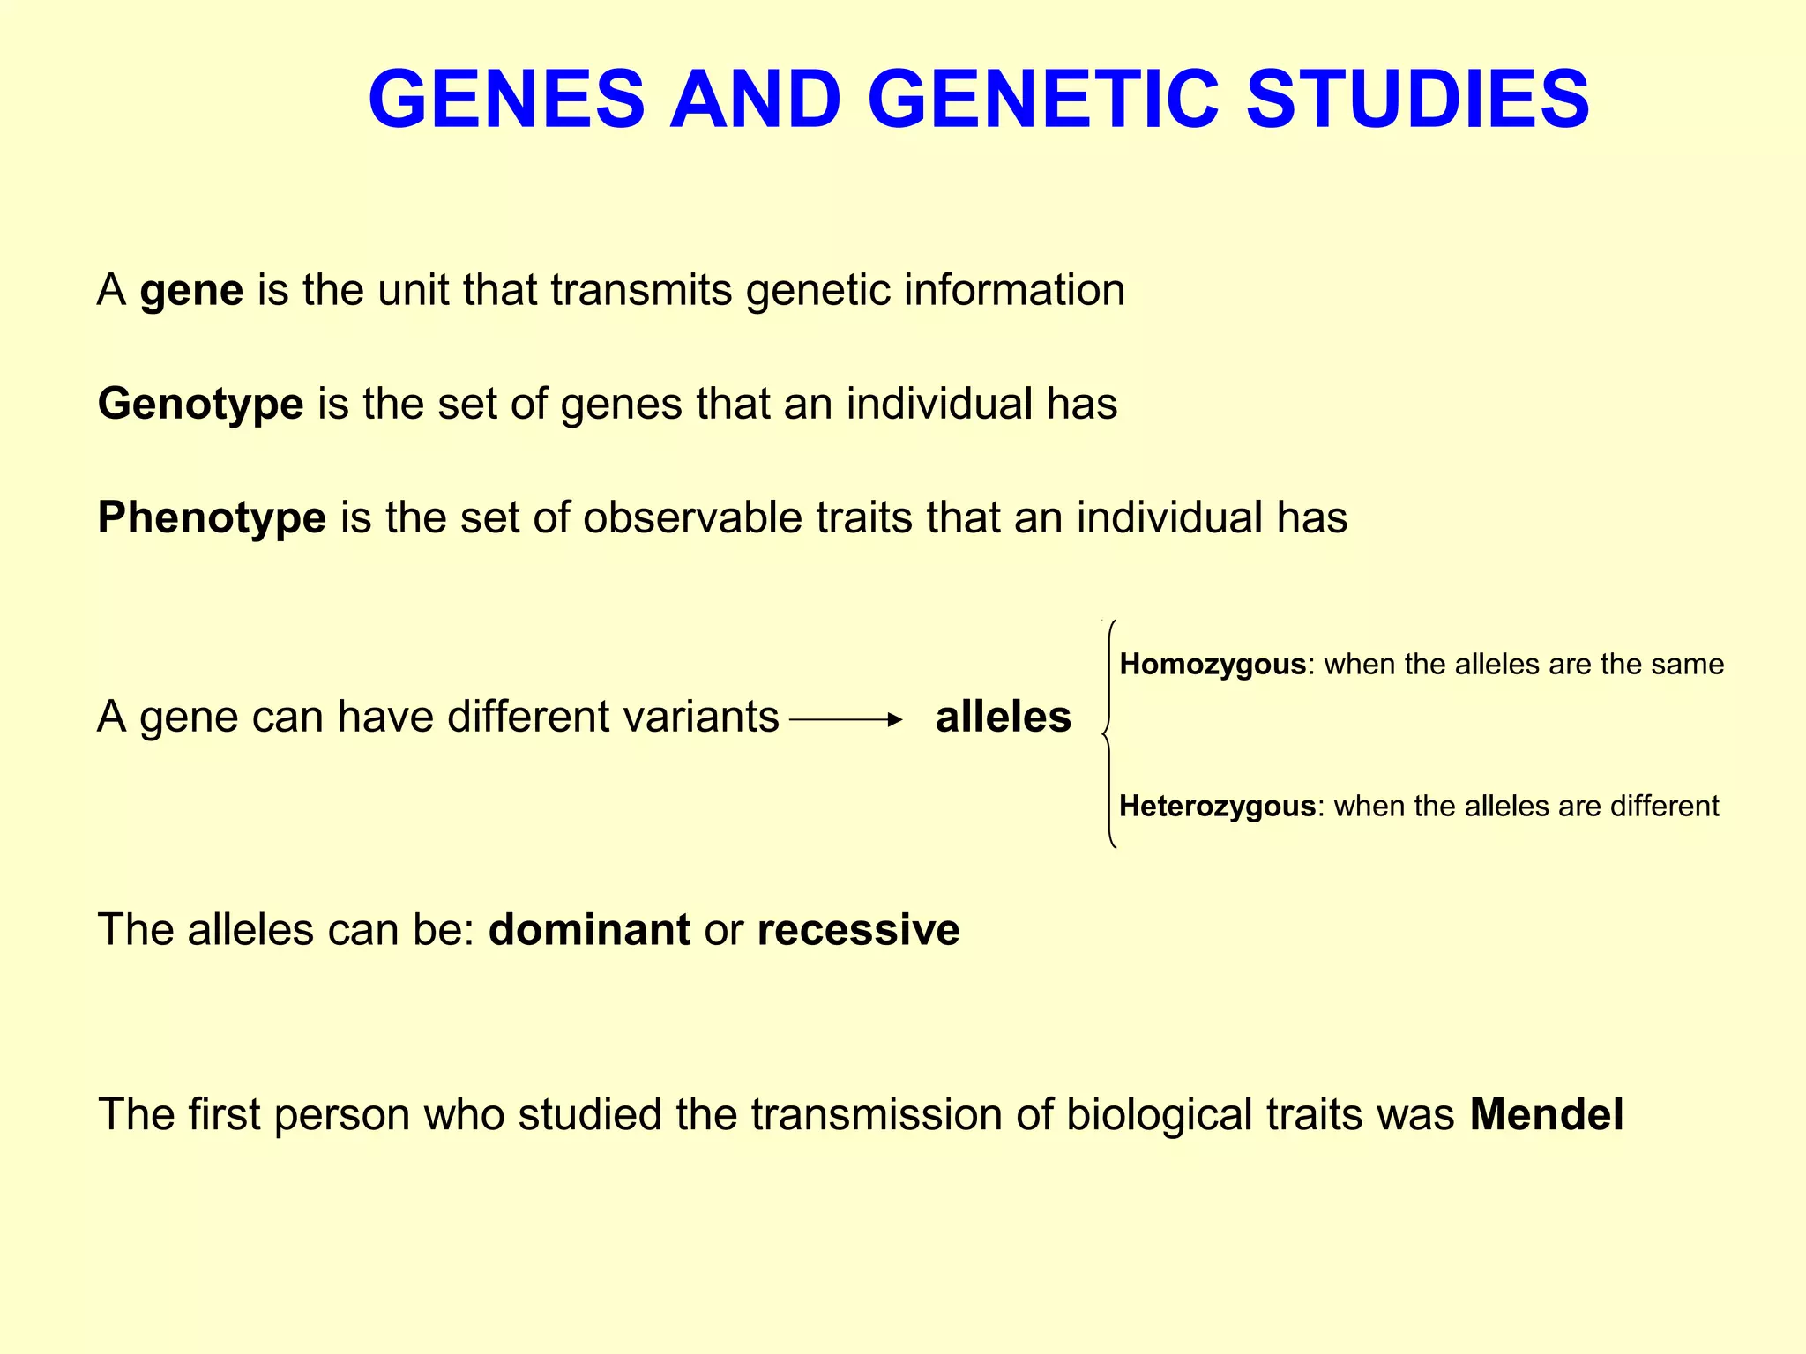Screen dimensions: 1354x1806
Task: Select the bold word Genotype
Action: click(200, 404)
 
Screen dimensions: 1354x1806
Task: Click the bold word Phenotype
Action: click(212, 517)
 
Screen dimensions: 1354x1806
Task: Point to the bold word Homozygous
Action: click(1212, 664)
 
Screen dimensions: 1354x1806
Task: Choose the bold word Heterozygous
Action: click(1217, 806)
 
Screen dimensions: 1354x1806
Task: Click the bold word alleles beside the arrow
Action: click(1003, 717)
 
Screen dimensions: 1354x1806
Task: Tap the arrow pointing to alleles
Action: click(846, 720)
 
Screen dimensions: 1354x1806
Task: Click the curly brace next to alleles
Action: click(1109, 733)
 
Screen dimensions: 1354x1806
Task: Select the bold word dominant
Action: click(589, 930)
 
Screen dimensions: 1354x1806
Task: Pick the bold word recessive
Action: click(858, 930)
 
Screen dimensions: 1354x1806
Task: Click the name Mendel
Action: click(1546, 1114)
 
